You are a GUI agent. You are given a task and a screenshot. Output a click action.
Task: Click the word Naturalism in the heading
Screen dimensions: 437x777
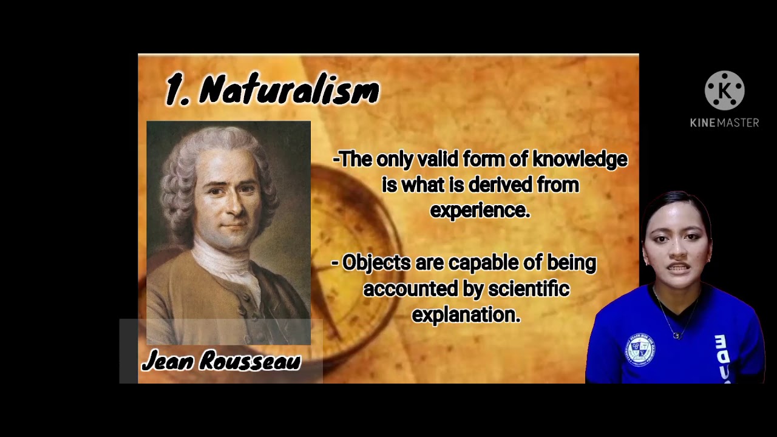click(x=290, y=91)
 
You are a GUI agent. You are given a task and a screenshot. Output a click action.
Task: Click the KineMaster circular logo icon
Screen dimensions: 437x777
click(x=724, y=90)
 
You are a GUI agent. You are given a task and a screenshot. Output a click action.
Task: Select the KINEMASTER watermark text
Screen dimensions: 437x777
click(x=724, y=123)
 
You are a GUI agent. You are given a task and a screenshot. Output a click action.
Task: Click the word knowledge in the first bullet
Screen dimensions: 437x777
click(x=580, y=160)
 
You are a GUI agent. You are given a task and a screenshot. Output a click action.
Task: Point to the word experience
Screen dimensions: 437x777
click(x=480, y=211)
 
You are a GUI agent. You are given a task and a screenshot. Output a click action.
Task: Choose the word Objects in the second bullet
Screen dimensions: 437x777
click(x=376, y=263)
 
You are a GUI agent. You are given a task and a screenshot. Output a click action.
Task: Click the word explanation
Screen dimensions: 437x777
click(x=466, y=315)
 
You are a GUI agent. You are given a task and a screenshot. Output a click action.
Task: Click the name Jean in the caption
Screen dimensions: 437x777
click(x=168, y=361)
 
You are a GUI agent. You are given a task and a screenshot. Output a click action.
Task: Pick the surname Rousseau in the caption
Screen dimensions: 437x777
click(x=250, y=361)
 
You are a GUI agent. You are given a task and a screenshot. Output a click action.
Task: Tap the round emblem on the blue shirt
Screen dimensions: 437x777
click(x=640, y=349)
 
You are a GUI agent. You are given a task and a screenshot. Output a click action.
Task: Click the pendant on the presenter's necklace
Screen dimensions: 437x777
click(x=676, y=335)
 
